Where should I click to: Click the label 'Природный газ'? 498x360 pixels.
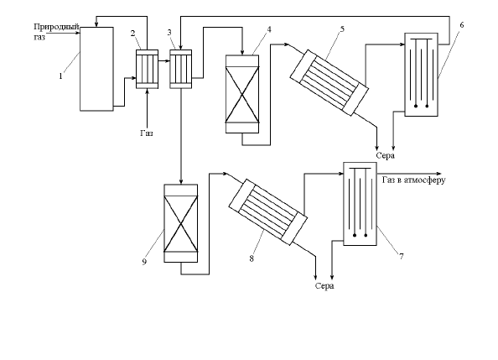coord(56,32)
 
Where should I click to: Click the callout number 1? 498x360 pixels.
coord(60,76)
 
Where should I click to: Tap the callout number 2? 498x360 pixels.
coord(132,33)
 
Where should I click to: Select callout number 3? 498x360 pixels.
coord(169,32)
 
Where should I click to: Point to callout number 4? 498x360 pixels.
coord(269,29)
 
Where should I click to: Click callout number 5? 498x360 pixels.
coord(342,29)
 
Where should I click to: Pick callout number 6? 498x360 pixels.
coord(461,25)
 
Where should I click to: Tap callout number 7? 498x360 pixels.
coord(402,256)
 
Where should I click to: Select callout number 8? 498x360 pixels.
coord(252,258)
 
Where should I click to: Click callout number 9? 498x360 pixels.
coord(144,262)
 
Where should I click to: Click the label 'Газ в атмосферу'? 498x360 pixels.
coord(414,180)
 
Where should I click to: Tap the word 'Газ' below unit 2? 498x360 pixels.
coord(147,133)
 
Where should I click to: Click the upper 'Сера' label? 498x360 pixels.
coord(386,155)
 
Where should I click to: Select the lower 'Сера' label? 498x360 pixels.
coord(324,285)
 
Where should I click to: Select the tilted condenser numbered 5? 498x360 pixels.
coord(329,83)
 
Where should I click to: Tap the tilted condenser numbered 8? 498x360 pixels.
coord(267,211)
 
